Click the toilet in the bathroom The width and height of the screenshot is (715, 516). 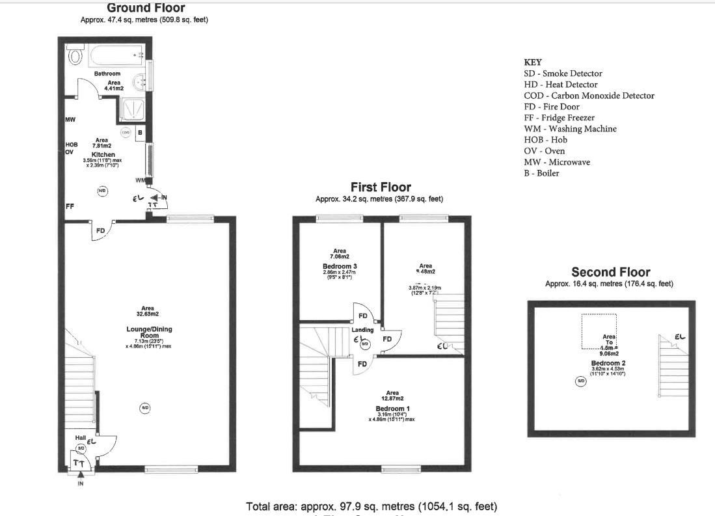(75, 57)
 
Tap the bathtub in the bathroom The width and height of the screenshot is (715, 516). (117, 55)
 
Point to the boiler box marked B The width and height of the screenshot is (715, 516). (140, 132)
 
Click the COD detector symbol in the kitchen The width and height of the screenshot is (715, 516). (126, 132)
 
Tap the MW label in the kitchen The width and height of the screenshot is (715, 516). (70, 120)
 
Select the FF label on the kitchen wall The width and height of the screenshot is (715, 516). (69, 206)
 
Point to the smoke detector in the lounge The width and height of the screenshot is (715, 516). (145, 408)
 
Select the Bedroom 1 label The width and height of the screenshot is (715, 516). (392, 409)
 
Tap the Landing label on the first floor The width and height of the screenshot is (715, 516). (362, 330)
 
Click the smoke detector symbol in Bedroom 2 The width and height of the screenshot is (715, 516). (581, 381)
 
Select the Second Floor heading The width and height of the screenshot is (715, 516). (610, 272)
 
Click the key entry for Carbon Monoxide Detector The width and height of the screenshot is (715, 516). (589, 96)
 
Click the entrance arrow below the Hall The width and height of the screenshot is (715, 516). (81, 477)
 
